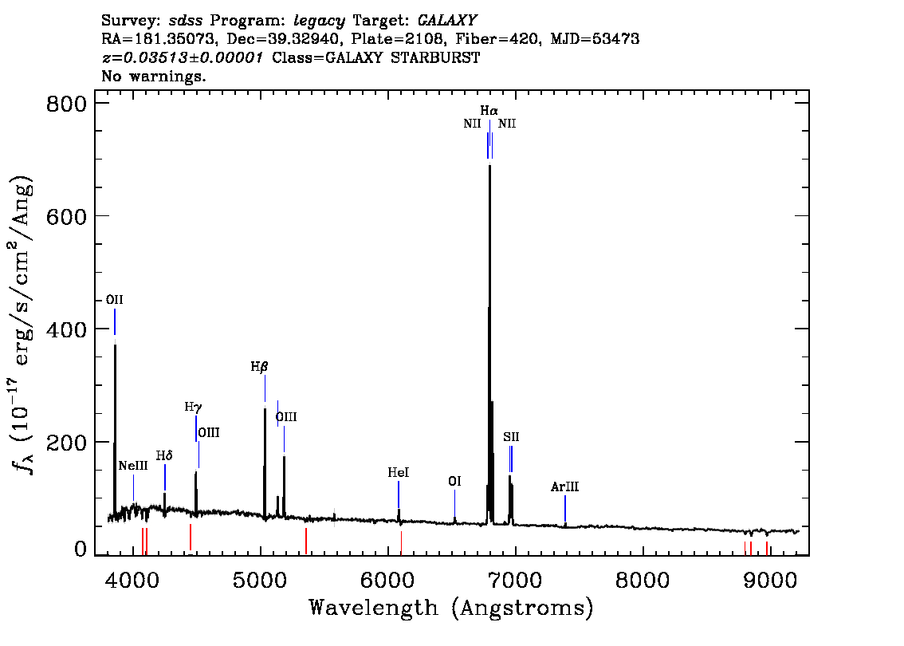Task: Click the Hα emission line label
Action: pos(489,110)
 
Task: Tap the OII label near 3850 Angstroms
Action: pos(114,300)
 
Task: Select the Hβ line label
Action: pos(259,367)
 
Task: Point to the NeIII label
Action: pos(133,466)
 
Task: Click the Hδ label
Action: pos(164,455)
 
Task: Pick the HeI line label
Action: pos(399,473)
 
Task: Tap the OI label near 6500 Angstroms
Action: pos(454,481)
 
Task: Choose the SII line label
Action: pos(511,437)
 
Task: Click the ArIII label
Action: pos(564,486)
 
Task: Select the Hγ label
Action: pos(193,408)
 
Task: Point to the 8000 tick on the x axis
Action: pos(642,581)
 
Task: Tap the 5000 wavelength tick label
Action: pos(260,581)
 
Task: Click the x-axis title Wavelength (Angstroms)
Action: pos(451,608)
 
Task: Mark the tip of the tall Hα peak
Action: pos(489,166)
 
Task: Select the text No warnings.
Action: pos(153,76)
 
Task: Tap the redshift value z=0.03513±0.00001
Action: pos(183,57)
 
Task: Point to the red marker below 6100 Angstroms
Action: pos(401,543)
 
